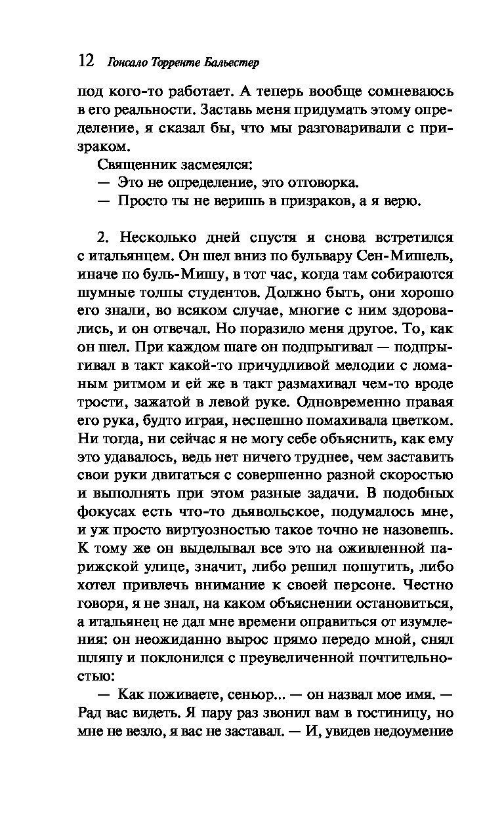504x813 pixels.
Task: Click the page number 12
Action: coord(85,62)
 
